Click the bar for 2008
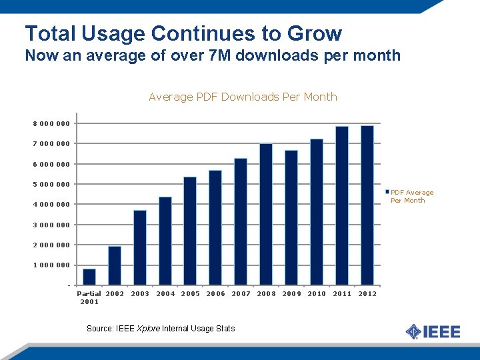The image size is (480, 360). click(x=266, y=214)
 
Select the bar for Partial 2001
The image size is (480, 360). click(x=89, y=277)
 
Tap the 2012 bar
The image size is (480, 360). click(x=367, y=205)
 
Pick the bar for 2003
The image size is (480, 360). click(x=140, y=247)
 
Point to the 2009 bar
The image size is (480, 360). click(x=291, y=217)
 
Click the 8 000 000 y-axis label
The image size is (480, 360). click(x=51, y=124)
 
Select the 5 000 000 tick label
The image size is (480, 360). click(x=51, y=184)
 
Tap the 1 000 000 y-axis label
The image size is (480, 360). click(x=51, y=265)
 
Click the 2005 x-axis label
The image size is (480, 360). click(x=191, y=294)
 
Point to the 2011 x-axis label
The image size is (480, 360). click(x=342, y=294)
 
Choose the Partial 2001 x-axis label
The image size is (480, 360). click(x=89, y=297)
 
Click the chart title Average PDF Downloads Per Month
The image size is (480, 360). click(x=243, y=97)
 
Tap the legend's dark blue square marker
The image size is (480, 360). click(x=387, y=192)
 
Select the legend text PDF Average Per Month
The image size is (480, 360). click(x=412, y=197)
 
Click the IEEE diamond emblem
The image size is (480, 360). click(x=413, y=331)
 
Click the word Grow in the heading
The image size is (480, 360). click(x=315, y=33)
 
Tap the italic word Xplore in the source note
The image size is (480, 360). click(x=148, y=329)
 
